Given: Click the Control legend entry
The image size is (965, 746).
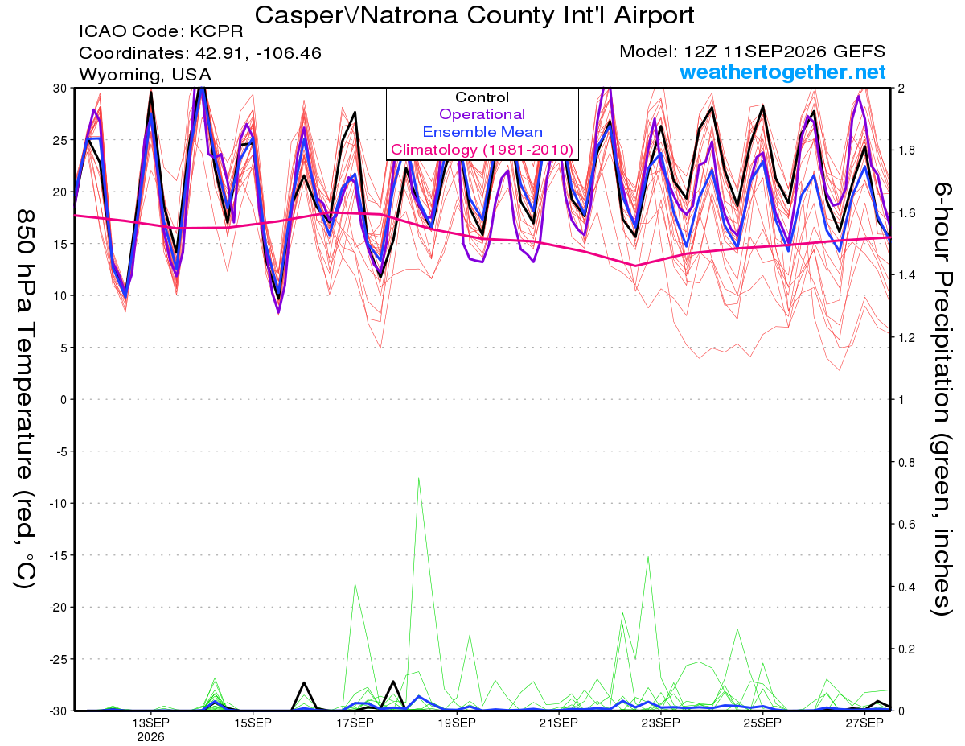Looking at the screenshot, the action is pyautogui.click(x=482, y=97).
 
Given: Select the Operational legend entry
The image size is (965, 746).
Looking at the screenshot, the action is pyautogui.click(x=482, y=114).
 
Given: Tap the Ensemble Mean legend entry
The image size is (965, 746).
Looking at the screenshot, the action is pyautogui.click(x=482, y=132).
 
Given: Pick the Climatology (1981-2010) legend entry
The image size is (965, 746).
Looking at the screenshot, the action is pyautogui.click(x=482, y=150).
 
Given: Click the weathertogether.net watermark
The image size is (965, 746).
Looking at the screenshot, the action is pyautogui.click(x=782, y=72).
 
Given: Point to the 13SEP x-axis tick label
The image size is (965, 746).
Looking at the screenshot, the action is pyautogui.click(x=150, y=723).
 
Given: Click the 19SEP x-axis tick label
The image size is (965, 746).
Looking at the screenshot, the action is pyautogui.click(x=457, y=723).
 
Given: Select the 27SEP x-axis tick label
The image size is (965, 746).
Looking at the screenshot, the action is pyautogui.click(x=864, y=723).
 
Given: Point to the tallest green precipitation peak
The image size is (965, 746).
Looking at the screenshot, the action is pyautogui.click(x=418, y=479).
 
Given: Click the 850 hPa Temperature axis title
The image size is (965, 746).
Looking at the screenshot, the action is pyautogui.click(x=25, y=398).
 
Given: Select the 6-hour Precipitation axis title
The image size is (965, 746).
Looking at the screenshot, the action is pyautogui.click(x=942, y=398).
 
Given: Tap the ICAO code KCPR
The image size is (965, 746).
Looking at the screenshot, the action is pyautogui.click(x=216, y=31).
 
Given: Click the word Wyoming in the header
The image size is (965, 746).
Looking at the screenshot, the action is pyautogui.click(x=121, y=75).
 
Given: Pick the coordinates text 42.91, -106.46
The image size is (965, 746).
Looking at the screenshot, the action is pyautogui.click(x=258, y=53).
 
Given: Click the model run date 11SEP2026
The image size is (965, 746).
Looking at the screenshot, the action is pyautogui.click(x=775, y=52).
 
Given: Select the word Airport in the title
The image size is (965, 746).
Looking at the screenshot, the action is pyautogui.click(x=654, y=15).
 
